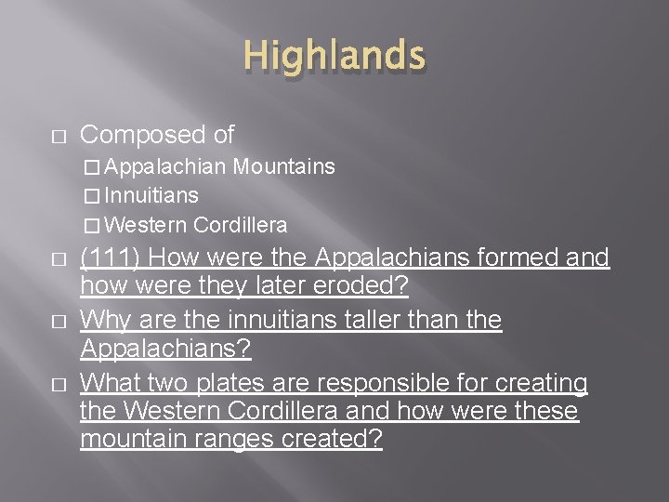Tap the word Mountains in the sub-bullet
coord(283,167)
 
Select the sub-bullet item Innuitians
coord(151,196)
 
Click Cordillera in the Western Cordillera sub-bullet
coord(241,225)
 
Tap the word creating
coord(545,384)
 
